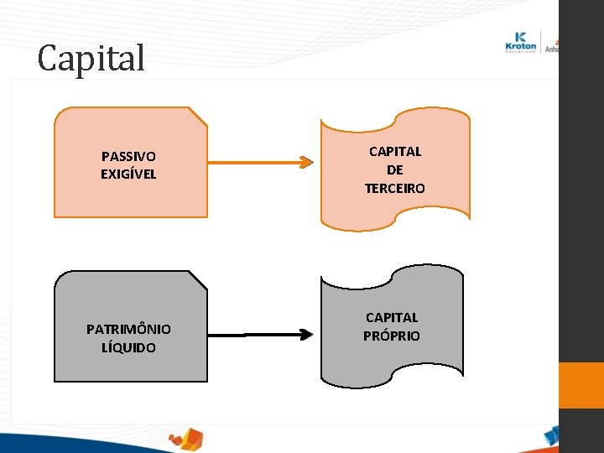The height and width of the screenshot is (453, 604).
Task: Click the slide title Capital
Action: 91,59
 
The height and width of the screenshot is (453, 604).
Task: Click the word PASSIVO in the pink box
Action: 128,156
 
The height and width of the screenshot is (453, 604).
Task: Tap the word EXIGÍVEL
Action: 128,174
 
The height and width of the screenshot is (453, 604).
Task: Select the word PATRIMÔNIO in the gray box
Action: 128,329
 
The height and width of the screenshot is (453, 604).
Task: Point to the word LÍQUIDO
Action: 128,347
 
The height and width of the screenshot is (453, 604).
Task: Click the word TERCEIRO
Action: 395,189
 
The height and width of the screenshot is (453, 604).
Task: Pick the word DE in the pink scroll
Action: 395,170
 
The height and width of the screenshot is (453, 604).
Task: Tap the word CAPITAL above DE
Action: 395,152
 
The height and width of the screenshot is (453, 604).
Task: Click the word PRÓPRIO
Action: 392,336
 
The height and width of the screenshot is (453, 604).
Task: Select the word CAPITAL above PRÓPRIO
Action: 392,317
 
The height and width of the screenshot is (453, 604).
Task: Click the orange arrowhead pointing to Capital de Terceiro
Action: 305,163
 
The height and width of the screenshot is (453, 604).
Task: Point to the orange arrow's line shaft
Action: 252,163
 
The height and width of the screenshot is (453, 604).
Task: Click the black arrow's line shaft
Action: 252,336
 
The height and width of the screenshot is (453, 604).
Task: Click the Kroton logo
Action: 522,42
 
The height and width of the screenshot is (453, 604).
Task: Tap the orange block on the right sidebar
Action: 581,386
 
